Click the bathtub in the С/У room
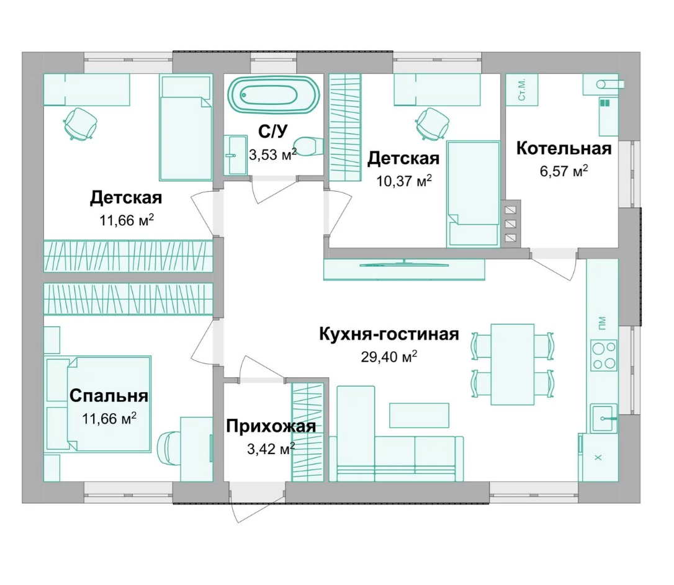(274, 95)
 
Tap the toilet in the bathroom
(308, 146)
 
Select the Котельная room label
(564, 148)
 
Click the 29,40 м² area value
(389, 357)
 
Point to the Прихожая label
(271, 426)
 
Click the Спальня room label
(109, 396)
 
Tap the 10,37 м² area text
(404, 181)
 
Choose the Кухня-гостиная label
(389, 334)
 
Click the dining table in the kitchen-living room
(513, 364)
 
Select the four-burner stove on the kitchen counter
(603, 355)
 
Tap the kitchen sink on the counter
(604, 418)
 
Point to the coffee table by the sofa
(419, 416)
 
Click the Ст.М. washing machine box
(522, 90)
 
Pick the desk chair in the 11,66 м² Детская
(79, 123)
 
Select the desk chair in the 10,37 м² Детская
(431, 123)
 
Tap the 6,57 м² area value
(564, 171)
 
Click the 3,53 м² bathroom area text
(272, 154)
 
